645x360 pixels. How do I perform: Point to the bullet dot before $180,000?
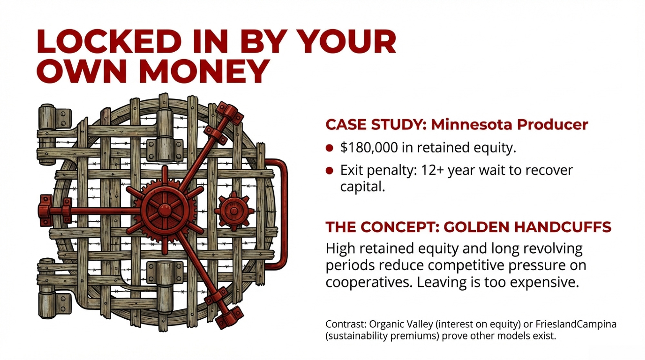pos(329,148)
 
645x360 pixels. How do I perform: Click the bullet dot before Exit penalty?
pos(329,171)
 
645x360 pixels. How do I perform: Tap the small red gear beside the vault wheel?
pos(234,211)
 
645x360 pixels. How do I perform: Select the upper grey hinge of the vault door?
pos(54,118)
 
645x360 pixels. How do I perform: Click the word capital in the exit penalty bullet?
pos(362,187)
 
